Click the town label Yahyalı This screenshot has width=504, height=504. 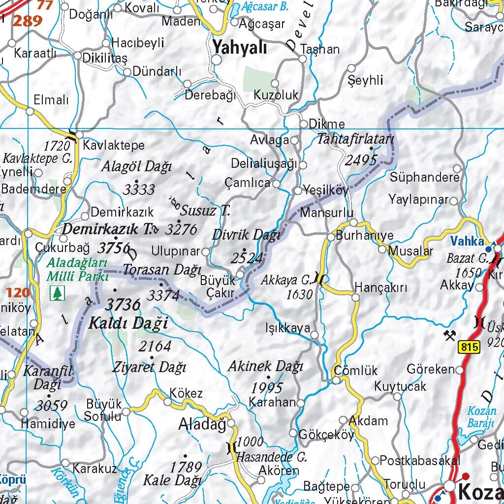[240, 48]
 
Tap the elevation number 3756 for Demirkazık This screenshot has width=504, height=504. [114, 247]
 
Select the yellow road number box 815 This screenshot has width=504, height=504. [470, 347]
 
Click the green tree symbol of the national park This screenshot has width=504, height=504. [58, 293]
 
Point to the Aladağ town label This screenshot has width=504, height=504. [202, 424]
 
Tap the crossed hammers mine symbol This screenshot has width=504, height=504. [449, 336]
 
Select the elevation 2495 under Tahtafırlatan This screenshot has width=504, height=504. [361, 160]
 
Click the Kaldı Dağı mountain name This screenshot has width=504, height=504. [128, 323]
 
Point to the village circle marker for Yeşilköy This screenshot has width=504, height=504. [297, 190]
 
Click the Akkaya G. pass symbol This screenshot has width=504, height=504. [320, 280]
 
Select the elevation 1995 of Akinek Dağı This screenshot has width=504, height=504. [267, 387]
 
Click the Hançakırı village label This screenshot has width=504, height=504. [381, 288]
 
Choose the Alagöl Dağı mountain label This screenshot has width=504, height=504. [136, 167]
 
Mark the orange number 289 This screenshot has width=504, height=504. [27, 21]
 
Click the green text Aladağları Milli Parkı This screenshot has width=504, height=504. [77, 270]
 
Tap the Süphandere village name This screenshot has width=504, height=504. [424, 177]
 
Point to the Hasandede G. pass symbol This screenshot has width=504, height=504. [230, 448]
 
